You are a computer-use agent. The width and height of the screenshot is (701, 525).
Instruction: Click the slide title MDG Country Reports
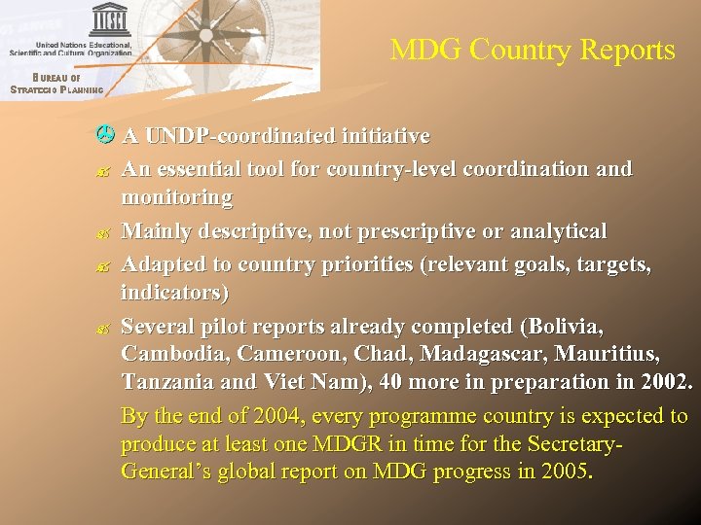(x=533, y=51)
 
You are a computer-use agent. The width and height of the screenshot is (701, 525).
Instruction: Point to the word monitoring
(x=176, y=198)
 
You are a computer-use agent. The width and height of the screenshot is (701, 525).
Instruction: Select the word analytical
(x=557, y=231)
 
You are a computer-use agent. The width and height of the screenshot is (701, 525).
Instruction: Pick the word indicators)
(x=175, y=292)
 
